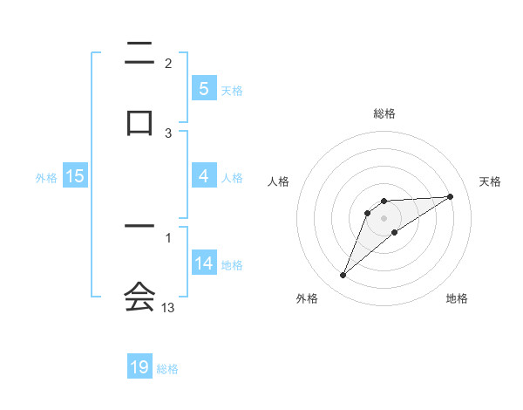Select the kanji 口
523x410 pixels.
click(139, 120)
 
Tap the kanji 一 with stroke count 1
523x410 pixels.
click(139, 227)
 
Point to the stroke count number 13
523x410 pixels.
click(168, 308)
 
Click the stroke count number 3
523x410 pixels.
click(168, 133)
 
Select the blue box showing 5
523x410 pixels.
click(203, 88)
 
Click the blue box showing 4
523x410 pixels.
click(203, 176)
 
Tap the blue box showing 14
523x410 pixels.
click(203, 263)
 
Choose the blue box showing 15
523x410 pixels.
click(75, 176)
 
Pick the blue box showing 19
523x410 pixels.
click(139, 367)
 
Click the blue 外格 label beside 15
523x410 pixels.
click(46, 177)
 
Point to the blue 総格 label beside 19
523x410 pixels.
click(167, 369)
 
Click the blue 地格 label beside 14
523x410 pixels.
click(232, 264)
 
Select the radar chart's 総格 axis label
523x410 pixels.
click(384, 113)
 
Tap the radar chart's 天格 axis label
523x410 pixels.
click(491, 181)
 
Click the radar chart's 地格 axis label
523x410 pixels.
click(457, 298)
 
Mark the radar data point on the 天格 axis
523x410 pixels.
click(451, 196)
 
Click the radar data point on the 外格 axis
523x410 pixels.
click(343, 276)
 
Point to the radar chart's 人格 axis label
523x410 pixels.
click(278, 181)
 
